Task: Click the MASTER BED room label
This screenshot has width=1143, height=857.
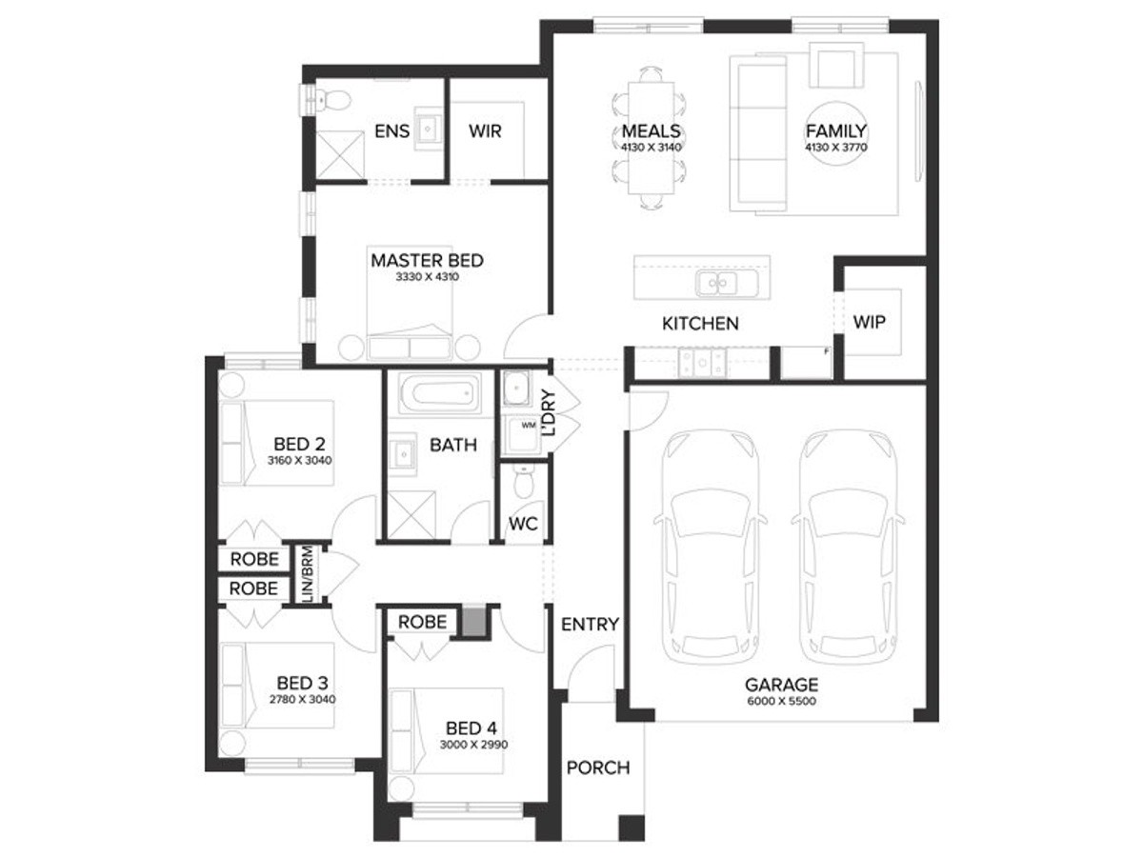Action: coord(427,260)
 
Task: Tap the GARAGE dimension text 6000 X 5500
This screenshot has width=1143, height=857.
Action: coord(782,701)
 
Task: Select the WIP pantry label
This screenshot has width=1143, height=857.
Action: coord(869,322)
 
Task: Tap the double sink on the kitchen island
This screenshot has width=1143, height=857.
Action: coord(717,283)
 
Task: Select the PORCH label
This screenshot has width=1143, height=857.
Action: coord(598,767)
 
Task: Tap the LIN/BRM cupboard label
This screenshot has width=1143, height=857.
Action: coord(308,574)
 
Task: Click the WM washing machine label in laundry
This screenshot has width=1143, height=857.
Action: coord(529,426)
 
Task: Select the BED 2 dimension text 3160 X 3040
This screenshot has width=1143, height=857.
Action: coord(299,461)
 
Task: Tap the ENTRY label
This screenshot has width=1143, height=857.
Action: coord(590,624)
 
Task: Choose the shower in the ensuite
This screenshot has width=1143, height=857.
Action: coord(341,154)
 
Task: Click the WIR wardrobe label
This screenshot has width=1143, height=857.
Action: coord(485,131)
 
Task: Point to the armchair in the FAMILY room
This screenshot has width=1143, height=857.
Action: coord(836,65)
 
